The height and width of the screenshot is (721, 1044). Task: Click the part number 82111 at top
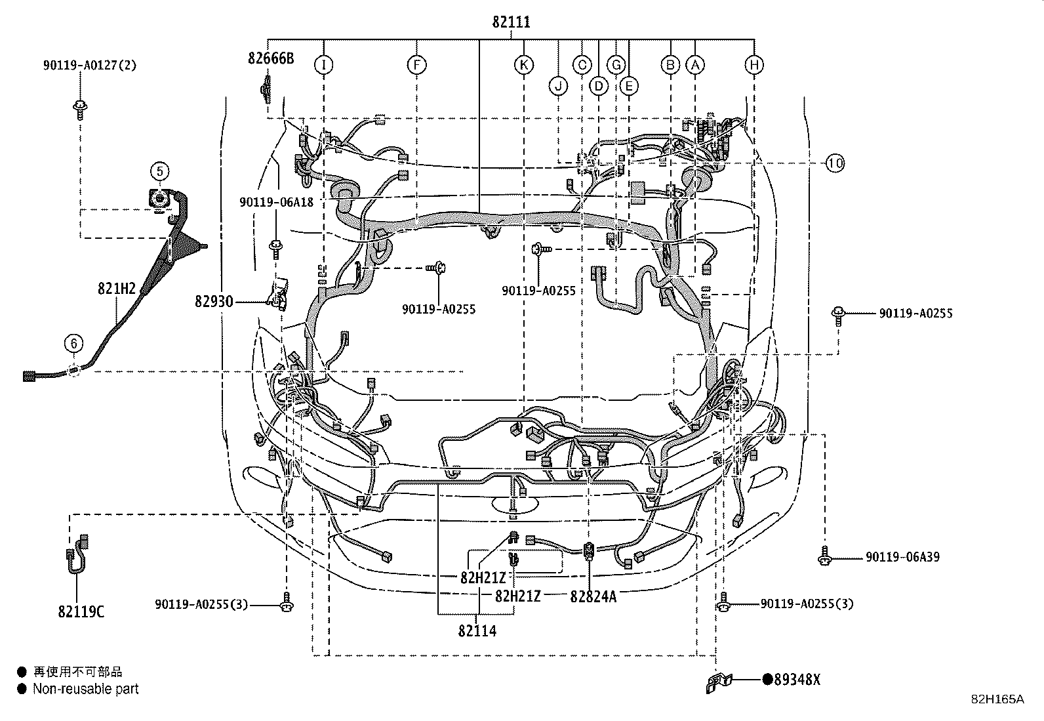click(x=511, y=22)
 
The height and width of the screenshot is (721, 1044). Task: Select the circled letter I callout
click(x=323, y=64)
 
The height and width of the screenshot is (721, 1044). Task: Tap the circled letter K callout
click(x=523, y=64)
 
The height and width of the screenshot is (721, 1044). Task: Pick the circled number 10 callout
click(x=834, y=163)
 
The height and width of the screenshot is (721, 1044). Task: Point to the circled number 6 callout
click(x=74, y=343)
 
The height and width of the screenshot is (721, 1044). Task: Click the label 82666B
click(x=271, y=58)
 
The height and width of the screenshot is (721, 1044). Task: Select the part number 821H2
click(x=116, y=289)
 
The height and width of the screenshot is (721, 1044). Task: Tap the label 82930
click(x=214, y=301)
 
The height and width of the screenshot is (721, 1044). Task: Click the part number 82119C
click(x=81, y=612)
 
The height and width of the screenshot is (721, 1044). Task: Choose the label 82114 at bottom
click(x=477, y=631)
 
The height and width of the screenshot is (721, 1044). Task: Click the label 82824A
click(x=593, y=596)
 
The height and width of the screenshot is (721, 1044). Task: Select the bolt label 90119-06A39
click(x=902, y=557)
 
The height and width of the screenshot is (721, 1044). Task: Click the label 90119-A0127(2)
click(x=90, y=65)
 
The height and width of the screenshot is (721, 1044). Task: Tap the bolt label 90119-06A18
click(x=276, y=202)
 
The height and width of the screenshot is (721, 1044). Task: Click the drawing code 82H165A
click(x=997, y=699)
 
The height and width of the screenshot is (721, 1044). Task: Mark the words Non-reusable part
click(x=85, y=689)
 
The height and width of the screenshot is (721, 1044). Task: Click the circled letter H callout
click(x=754, y=64)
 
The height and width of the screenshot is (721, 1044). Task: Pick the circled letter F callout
click(x=416, y=64)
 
